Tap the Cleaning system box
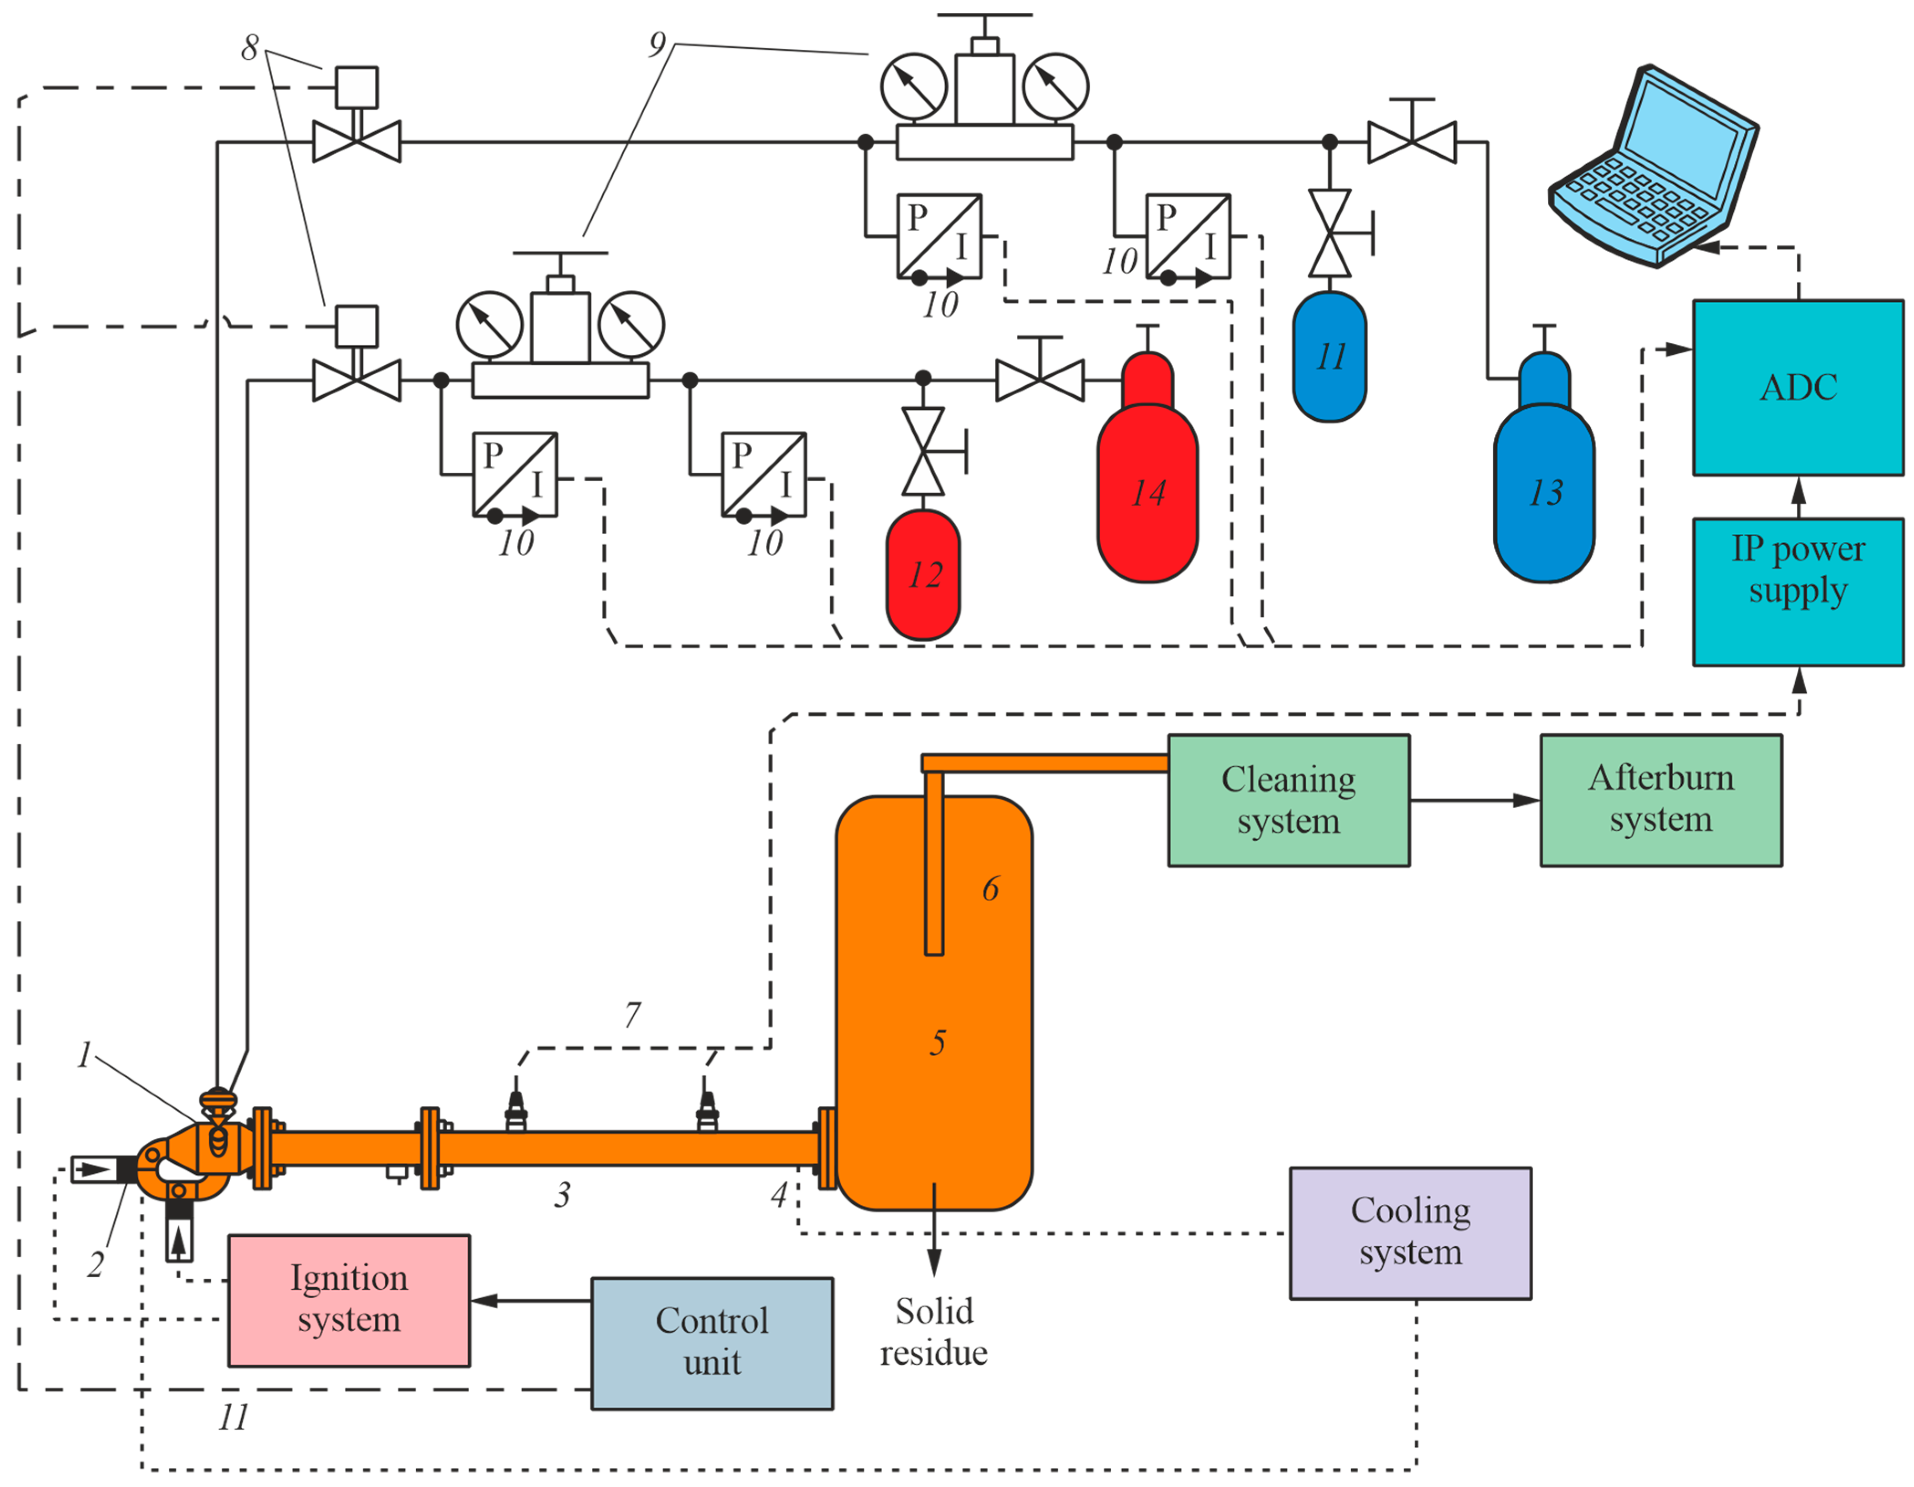click(1288, 800)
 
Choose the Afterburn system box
click(1661, 800)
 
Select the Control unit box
click(712, 1342)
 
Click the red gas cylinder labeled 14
click(1147, 491)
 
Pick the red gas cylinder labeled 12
click(923, 574)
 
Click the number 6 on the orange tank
click(990, 889)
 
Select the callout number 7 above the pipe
click(632, 1015)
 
